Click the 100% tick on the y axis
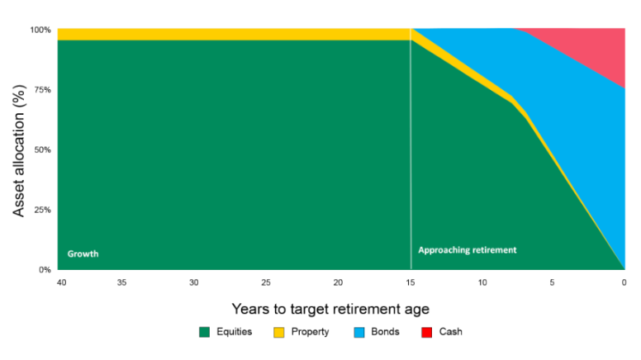[41, 30]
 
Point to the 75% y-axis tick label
[43, 90]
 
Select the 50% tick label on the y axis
[43, 149]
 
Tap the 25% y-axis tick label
[43, 210]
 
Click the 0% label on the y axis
[45, 269]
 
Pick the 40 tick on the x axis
[59, 282]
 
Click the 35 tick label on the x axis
[121, 282]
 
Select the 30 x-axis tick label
[193, 282]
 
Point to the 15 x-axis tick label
[411, 282]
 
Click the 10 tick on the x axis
[482, 282]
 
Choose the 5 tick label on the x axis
[553, 282]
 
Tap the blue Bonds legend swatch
[359, 332]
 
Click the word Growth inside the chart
[83, 253]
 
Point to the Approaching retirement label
[467, 249]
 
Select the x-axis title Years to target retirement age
[330, 310]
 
